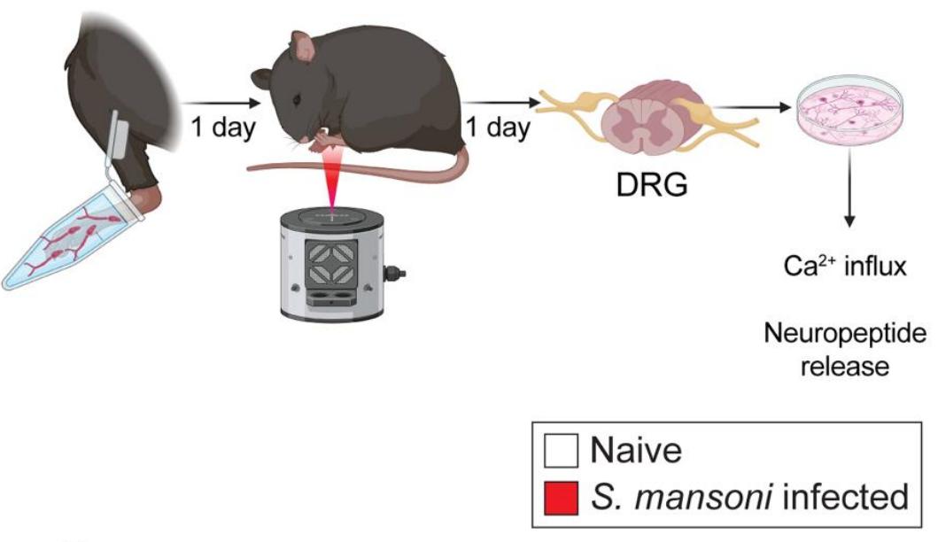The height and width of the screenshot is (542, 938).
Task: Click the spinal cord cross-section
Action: (642, 124)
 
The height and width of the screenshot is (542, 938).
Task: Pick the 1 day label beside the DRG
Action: (499, 127)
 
